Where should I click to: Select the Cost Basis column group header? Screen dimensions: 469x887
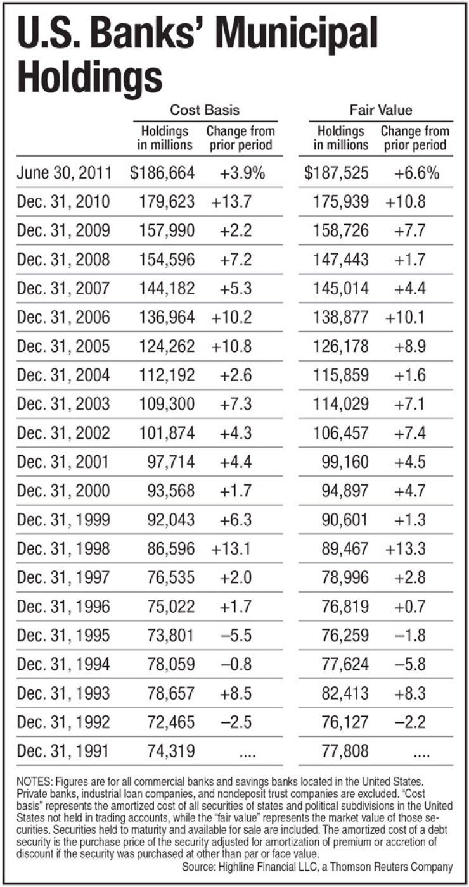coord(205,110)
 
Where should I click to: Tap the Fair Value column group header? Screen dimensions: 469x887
coord(381,110)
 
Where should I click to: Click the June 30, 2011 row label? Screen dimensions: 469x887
coord(64,173)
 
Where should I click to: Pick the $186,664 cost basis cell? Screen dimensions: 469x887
coord(162,173)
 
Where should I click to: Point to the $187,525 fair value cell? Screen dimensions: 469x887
coord(336,173)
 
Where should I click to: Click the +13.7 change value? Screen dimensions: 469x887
coord(231,202)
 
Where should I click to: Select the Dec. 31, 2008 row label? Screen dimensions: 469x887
coord(63,260)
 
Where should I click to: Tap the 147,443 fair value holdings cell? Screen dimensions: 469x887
coord(341,260)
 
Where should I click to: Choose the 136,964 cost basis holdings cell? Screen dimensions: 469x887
coord(167,318)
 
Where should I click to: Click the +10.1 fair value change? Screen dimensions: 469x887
coord(405,318)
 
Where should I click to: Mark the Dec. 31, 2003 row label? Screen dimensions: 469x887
coord(63,405)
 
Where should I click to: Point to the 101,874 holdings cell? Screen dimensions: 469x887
coord(167,433)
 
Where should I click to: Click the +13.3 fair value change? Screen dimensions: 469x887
coord(405,549)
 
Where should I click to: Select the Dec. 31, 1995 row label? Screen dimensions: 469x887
coord(63,636)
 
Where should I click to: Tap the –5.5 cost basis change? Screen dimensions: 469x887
coord(236,636)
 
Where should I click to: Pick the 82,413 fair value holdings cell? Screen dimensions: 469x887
coord(345,693)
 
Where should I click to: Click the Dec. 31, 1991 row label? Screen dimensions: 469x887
coord(63,751)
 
